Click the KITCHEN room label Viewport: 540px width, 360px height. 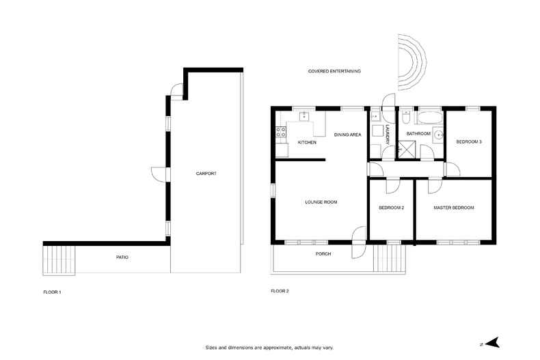coord(307,142)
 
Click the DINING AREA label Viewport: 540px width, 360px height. coord(347,135)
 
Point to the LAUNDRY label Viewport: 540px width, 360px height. coord(387,133)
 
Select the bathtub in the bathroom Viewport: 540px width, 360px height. coord(429,116)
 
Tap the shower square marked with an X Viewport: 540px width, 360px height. coord(409,148)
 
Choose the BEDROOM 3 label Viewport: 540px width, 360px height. coord(469,141)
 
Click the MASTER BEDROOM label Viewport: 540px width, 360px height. coord(453,208)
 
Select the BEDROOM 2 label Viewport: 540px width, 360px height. coord(392,208)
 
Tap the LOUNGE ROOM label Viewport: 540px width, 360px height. coord(321,202)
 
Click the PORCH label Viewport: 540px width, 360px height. coord(323,254)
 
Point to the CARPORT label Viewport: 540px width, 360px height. coord(206,174)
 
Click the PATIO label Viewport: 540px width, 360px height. coord(121,258)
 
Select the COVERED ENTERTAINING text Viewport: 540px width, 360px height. coord(334,71)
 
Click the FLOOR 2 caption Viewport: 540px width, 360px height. coord(280,292)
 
